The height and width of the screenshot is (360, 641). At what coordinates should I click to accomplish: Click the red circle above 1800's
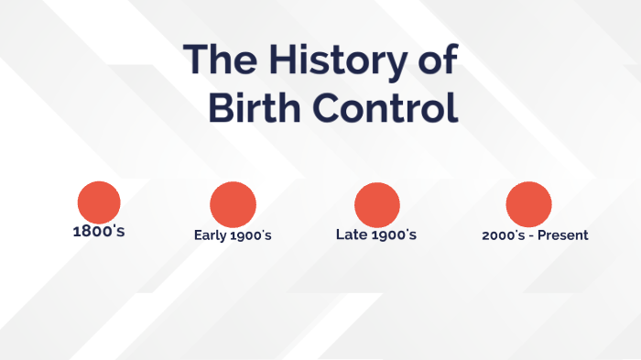tap(99, 202)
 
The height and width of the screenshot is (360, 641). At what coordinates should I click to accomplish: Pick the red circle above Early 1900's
tap(233, 204)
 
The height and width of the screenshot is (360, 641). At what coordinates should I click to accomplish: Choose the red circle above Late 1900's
tap(376, 204)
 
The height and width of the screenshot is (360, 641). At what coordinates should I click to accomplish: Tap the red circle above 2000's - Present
tap(528, 204)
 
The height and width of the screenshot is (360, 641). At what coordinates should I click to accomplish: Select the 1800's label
tap(99, 231)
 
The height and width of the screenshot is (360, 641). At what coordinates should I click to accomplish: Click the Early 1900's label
tap(233, 235)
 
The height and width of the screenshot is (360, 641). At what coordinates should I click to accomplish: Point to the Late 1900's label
tap(376, 235)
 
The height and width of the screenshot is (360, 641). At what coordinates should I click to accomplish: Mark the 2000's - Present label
tap(535, 235)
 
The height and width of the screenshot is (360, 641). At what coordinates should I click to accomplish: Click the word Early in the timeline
tap(210, 235)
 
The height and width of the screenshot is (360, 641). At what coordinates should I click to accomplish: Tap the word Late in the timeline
tap(351, 235)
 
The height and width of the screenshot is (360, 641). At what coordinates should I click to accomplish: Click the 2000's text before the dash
tap(503, 235)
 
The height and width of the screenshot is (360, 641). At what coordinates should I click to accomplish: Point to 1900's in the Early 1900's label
tap(251, 235)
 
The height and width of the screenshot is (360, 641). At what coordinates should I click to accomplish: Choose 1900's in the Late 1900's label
tap(393, 235)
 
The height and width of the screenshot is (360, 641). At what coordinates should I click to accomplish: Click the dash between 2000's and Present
tap(531, 236)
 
